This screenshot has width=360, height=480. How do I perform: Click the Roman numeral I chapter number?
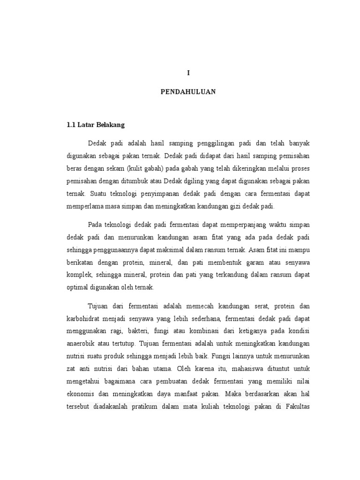pos(188,73)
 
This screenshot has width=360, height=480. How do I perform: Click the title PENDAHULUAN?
pos(188,92)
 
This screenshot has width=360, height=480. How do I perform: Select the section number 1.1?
pos(71,126)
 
